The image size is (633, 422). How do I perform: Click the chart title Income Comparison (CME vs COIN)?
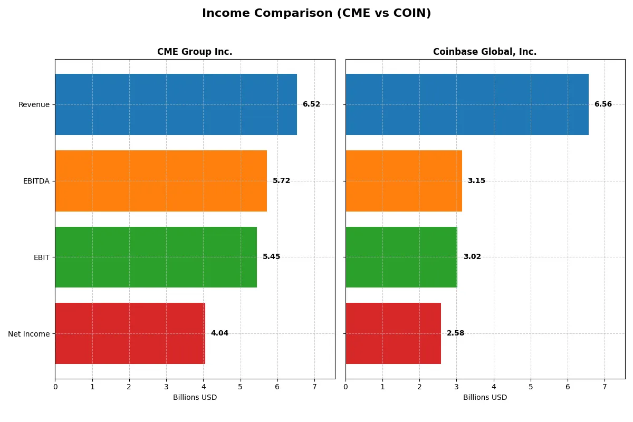coord(316,14)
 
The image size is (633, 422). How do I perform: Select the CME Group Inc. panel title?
coord(195,52)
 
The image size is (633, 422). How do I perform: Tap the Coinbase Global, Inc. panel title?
coord(485,52)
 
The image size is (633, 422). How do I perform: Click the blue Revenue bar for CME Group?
coord(176,104)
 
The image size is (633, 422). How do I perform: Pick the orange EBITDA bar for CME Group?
coord(161,181)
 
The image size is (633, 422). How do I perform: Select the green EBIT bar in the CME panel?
coord(156,257)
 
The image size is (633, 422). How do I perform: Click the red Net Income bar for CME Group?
coord(130,333)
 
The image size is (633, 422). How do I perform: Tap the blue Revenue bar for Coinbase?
coord(467,104)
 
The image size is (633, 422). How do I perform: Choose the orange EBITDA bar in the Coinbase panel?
coord(404,181)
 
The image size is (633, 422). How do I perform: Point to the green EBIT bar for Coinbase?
coord(401,257)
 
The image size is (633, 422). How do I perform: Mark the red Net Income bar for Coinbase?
coord(393,333)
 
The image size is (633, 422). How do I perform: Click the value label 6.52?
coord(311,104)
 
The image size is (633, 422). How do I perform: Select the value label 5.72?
coord(281,181)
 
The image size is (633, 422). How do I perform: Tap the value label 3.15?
coord(476,181)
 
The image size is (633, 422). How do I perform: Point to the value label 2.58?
coord(455,333)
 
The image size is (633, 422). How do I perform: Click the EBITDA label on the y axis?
coord(36,181)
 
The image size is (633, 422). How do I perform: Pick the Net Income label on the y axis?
coord(29,334)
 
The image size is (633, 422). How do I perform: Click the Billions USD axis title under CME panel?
coord(195,398)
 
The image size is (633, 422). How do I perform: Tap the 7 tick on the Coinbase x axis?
coord(605,386)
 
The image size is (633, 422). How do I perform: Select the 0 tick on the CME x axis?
coord(55,386)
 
